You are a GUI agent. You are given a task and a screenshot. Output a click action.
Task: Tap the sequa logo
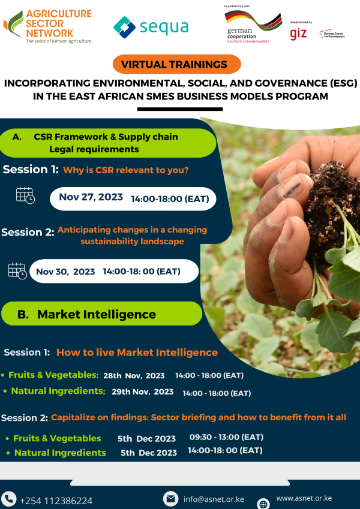pos(151,27)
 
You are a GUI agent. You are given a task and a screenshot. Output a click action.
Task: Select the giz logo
pos(298,34)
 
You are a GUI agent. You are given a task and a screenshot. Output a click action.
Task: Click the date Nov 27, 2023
pos(91,197)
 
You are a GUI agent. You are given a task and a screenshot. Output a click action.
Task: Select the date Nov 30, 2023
pos(65,272)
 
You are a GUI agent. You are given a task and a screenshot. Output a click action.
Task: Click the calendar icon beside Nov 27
pos(25,195)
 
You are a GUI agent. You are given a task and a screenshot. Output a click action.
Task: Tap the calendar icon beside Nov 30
pos(17,270)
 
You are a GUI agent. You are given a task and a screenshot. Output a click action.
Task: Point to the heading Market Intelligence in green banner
pos(96,314)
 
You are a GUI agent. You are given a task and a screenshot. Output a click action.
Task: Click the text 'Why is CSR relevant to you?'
pos(126,170)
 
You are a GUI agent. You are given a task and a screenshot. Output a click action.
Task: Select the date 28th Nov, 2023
pos(134,376)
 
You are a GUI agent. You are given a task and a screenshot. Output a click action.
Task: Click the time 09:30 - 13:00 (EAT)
pos(226,437)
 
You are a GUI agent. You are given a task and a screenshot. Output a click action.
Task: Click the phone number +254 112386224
pos(56,501)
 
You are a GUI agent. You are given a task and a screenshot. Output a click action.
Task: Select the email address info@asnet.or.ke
pos(214,499)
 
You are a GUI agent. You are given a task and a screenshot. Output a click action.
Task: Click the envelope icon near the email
pos(171,499)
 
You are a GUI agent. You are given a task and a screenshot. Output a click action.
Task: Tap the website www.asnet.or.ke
pos(304,498)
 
